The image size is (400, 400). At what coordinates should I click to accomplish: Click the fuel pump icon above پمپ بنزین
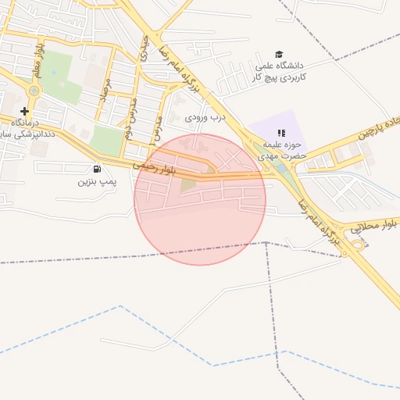(97, 169)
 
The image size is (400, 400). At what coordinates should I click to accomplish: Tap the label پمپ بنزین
(96, 181)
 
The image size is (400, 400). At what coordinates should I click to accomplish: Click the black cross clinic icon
(24, 112)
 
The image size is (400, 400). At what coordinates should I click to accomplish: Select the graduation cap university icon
(279, 53)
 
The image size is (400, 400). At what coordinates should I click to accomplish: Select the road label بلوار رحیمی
(154, 166)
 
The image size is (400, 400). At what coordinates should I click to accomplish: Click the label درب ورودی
(205, 117)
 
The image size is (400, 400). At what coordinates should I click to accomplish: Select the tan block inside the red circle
(188, 185)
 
